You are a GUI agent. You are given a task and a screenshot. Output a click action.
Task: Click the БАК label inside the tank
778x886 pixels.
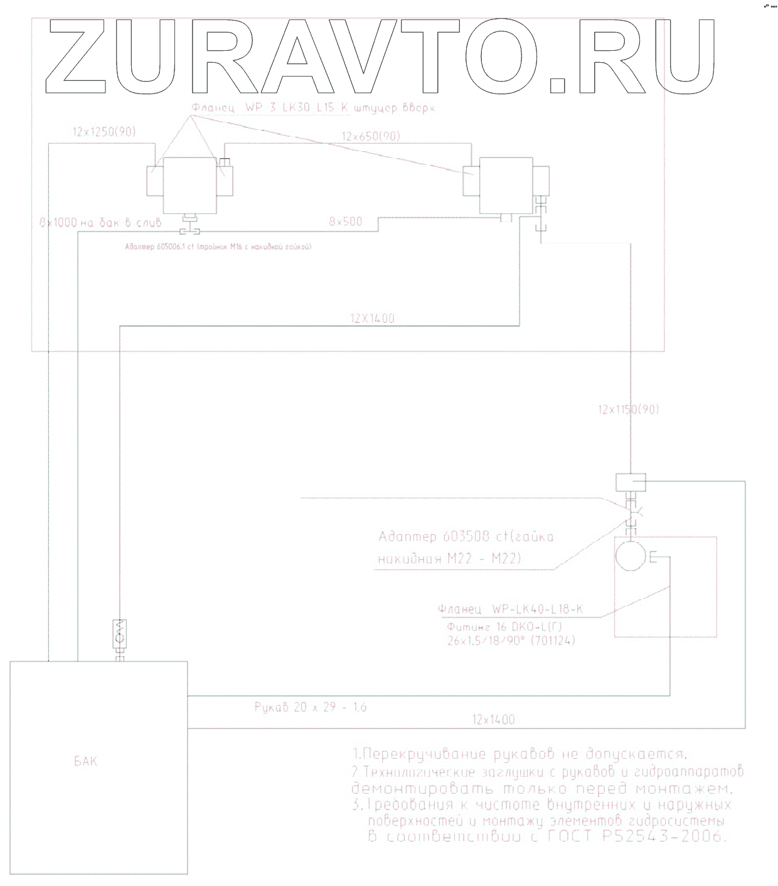tap(86, 762)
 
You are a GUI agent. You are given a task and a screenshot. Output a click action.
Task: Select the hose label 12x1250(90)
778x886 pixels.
tap(104, 132)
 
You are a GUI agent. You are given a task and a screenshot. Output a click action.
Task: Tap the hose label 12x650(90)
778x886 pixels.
tap(371, 136)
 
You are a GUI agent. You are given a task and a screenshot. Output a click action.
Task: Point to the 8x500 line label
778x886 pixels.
tap(346, 221)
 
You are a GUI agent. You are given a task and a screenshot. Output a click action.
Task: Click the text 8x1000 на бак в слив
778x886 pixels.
tap(100, 222)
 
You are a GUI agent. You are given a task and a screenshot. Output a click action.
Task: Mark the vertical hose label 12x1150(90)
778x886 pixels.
tap(628, 409)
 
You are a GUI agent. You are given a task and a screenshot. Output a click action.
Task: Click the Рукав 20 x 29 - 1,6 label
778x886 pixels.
tap(311, 707)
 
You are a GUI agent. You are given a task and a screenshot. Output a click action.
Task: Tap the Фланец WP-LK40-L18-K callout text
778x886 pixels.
tap(510, 609)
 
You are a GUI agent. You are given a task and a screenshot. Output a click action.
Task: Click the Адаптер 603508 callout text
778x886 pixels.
tap(466, 537)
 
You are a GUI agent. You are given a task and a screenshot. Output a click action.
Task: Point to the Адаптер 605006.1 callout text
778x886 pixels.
tap(218, 247)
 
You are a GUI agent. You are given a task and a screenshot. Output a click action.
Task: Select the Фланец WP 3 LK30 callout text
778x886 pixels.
tap(313, 108)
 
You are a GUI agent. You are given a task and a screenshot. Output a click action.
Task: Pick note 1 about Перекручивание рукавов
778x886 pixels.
tap(520, 754)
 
